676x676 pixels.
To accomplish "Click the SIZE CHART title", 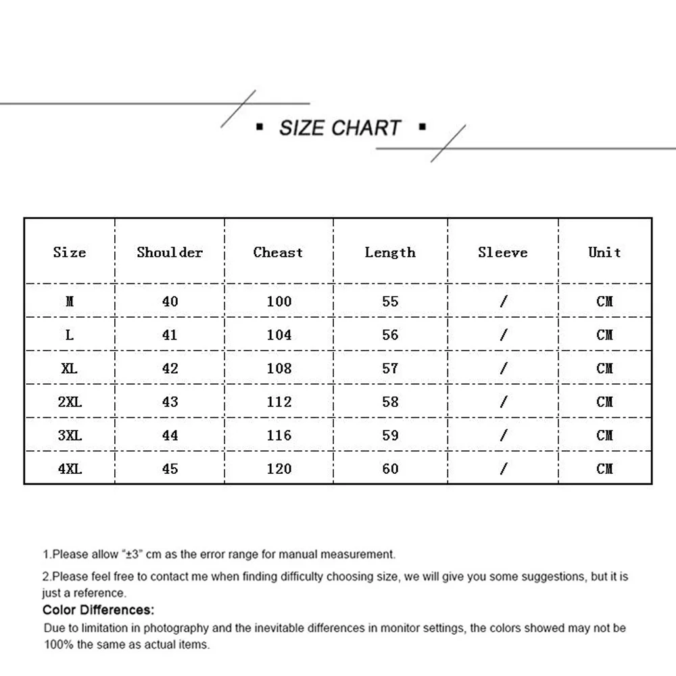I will click(x=340, y=128).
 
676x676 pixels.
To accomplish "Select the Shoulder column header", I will click(x=170, y=252).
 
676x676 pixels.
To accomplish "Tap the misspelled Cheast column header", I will click(x=278, y=252).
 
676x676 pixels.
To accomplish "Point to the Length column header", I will click(x=390, y=252).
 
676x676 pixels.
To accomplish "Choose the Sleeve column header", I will click(x=502, y=252).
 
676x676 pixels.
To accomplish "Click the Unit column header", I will click(x=604, y=252).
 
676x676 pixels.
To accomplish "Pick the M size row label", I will click(x=70, y=301).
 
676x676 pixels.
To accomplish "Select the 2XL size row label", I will click(x=70, y=402).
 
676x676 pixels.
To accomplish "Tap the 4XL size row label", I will click(x=70, y=468).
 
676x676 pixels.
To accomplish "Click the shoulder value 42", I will click(x=170, y=368).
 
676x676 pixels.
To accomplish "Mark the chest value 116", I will click(x=279, y=435).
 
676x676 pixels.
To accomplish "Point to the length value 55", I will click(x=390, y=301).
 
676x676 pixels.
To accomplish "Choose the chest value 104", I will click(x=279, y=335).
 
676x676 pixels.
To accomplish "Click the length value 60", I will click(x=390, y=468).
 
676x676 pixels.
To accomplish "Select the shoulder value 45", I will click(x=170, y=468).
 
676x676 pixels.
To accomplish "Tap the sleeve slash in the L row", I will click(x=503, y=335).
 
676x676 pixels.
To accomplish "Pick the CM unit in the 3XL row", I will click(x=604, y=435).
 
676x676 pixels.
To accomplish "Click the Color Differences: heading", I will click(x=99, y=610).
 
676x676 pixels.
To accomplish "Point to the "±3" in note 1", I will click(x=132, y=554).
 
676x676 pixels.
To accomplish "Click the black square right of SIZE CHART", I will click(x=422, y=126).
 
